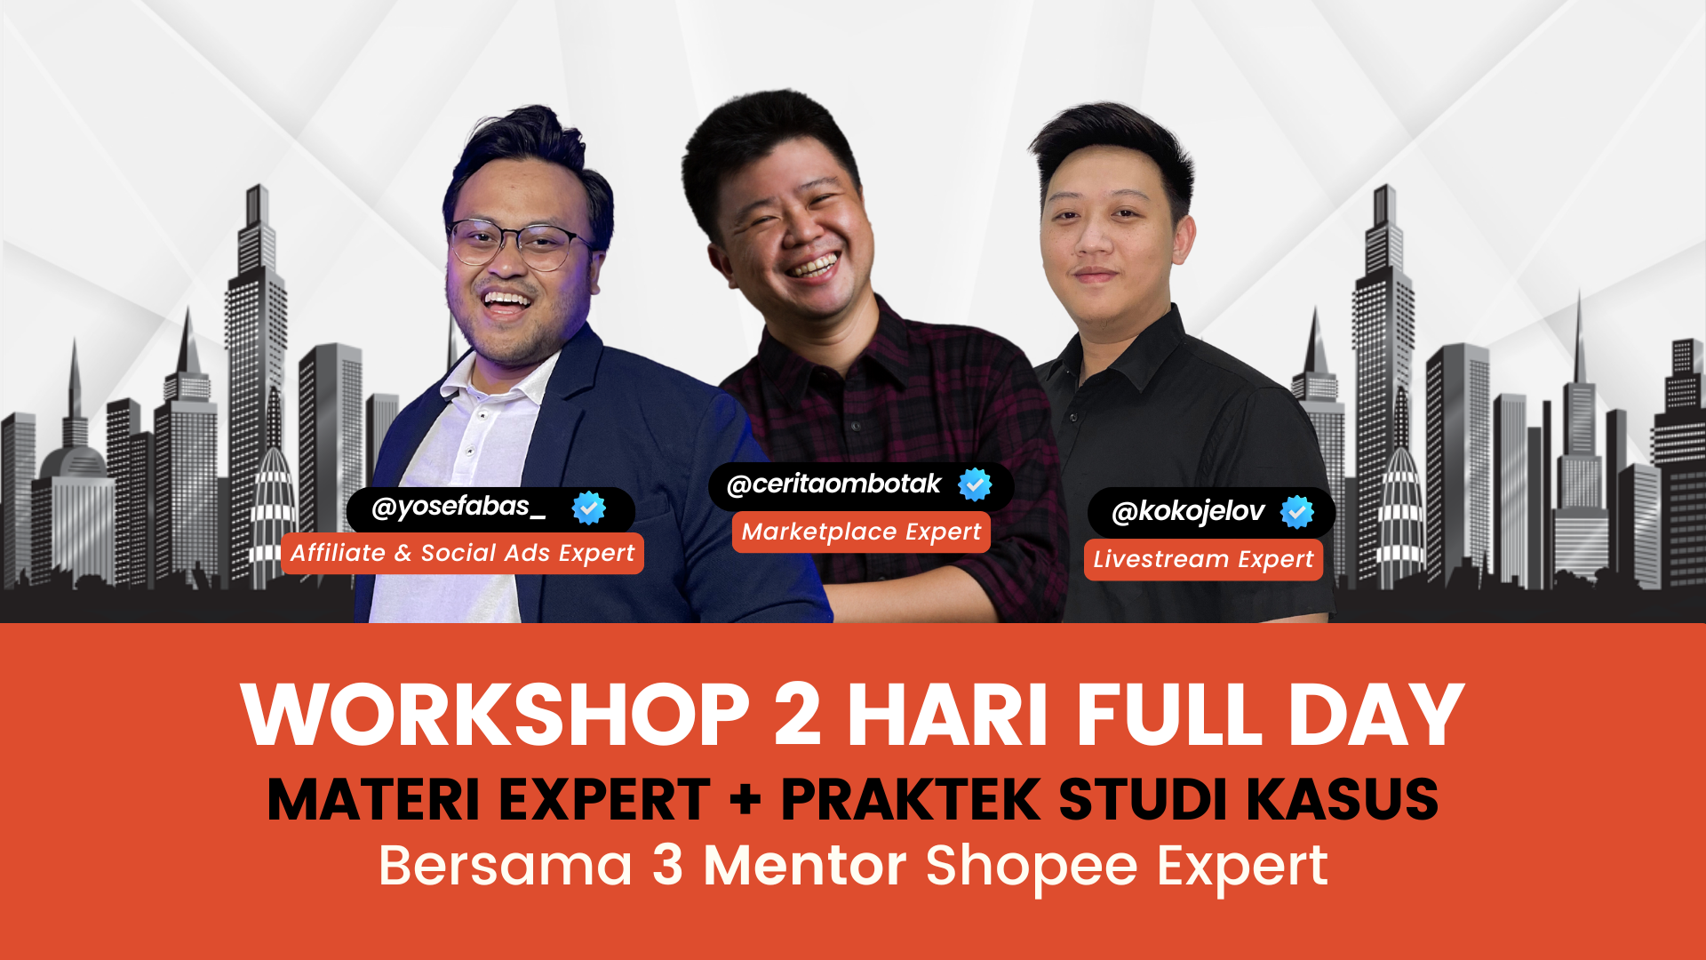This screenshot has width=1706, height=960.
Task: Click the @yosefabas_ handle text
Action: click(458, 508)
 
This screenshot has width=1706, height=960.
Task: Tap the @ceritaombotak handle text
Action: click(833, 484)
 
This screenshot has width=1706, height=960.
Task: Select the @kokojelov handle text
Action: click(1188, 512)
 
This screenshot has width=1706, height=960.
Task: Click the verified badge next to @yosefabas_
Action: click(588, 508)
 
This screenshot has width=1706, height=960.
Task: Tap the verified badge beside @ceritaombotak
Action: click(975, 484)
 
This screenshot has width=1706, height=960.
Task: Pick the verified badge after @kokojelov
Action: click(1297, 512)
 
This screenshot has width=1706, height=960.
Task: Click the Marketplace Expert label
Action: click(861, 532)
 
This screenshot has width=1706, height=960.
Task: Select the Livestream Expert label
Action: click(1203, 560)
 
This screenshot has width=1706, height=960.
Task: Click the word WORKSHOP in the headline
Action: click(496, 715)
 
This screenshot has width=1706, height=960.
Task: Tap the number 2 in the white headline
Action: click(798, 715)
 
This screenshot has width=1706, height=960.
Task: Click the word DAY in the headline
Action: click(1375, 715)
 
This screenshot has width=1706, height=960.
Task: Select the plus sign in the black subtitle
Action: click(745, 798)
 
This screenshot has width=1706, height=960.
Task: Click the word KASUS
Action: click(1343, 798)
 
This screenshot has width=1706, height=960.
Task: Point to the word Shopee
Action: click(1032, 867)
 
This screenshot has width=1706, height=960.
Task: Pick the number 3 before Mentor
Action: click(667, 865)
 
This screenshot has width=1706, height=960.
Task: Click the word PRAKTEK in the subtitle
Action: click(911, 798)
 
